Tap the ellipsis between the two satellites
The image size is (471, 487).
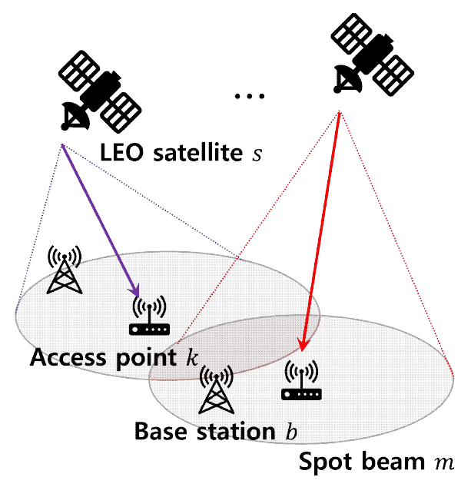248,97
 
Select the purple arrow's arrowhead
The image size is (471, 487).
135,291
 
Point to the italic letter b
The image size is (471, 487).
290,430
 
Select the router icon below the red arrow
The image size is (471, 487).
302,382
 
